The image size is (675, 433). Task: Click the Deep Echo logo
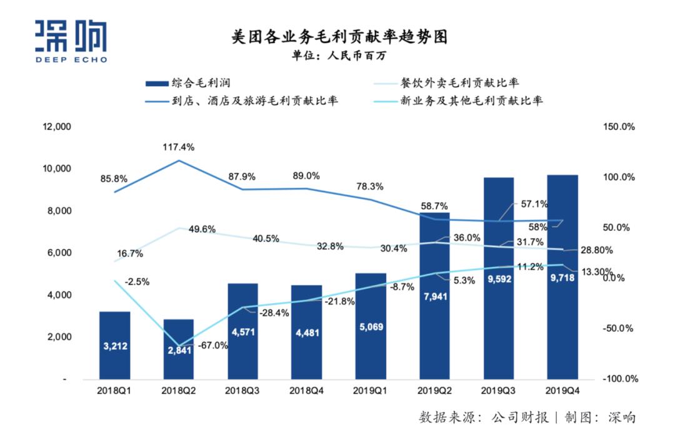pyautogui.click(x=71, y=41)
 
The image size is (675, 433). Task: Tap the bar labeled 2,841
pyautogui.click(x=179, y=349)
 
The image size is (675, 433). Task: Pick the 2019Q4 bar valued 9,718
pyautogui.click(x=562, y=277)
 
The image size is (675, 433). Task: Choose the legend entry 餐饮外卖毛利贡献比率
pyautogui.click(x=461, y=82)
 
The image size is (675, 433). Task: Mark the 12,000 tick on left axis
pyautogui.click(x=57, y=127)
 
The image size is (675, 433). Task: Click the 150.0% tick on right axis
pyautogui.click(x=619, y=127)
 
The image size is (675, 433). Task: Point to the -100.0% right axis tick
pyautogui.click(x=619, y=379)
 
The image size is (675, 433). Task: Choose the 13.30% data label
pyautogui.click(x=599, y=272)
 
